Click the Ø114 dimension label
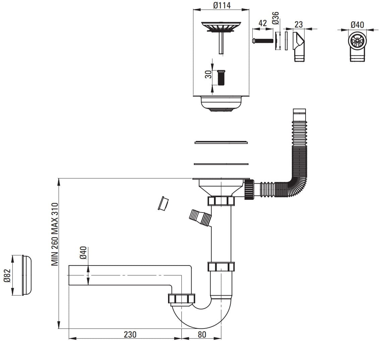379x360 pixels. (x=221, y=6)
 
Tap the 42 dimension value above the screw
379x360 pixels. (x=263, y=23)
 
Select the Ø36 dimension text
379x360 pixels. (x=275, y=18)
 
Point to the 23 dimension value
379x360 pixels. (x=298, y=24)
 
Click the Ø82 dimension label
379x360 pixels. (x=7, y=276)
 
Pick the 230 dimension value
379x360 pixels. (x=130, y=334)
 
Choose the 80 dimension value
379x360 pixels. (x=202, y=334)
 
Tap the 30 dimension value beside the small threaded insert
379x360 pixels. (x=208, y=74)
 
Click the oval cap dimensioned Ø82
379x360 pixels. (x=27, y=275)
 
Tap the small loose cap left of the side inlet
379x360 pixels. (x=163, y=203)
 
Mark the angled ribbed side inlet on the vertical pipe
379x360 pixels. (x=200, y=217)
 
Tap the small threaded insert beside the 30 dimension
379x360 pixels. (x=221, y=77)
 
